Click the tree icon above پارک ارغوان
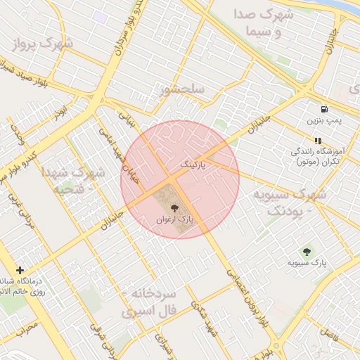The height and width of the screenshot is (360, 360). [174, 207]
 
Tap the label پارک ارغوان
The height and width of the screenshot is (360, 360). [175, 220]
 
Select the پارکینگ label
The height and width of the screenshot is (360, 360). [195, 164]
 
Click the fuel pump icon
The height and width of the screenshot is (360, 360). [323, 109]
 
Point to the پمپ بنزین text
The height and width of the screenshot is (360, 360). [323, 120]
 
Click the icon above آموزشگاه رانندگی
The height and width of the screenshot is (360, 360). [318, 141]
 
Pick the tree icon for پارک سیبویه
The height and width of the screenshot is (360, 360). [307, 252]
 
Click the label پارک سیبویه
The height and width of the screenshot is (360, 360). [307, 264]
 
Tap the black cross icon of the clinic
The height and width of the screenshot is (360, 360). [20, 270]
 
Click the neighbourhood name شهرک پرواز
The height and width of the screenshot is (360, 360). [43, 44]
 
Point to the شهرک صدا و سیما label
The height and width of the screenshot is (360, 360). [264, 22]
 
